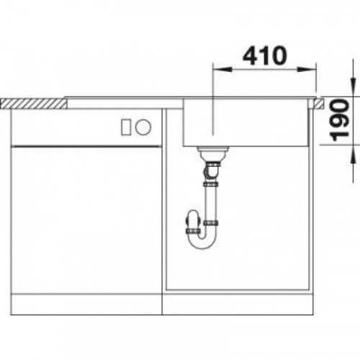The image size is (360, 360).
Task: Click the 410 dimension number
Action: [x=265, y=55]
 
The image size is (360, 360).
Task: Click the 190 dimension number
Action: [x=339, y=120]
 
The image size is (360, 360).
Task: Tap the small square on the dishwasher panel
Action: [x=126, y=127]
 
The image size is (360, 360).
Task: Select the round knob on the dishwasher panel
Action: [x=143, y=127]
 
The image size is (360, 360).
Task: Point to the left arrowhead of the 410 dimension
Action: [x=222, y=70]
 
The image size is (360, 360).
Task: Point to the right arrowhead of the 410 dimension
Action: [x=307, y=70]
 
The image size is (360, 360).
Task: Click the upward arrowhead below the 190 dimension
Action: [x=353, y=155]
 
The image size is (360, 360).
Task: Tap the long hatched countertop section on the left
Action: [x=34, y=104]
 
